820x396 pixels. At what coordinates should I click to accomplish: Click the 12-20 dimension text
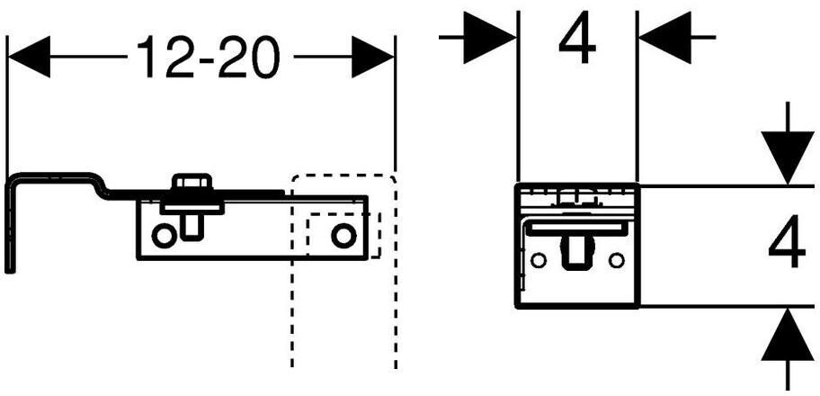(208, 59)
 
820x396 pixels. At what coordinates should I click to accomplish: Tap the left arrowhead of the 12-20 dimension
(28, 59)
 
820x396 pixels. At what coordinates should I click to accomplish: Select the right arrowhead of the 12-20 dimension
(372, 59)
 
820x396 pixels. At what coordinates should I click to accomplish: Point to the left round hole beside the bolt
(163, 236)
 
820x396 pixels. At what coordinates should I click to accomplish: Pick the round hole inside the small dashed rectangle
(343, 236)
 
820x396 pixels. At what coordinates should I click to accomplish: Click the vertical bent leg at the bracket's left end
(11, 225)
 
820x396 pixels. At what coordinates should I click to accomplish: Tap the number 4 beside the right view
(787, 245)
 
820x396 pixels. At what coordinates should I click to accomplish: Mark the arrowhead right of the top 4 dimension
(664, 37)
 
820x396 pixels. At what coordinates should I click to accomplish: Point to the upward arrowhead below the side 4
(787, 335)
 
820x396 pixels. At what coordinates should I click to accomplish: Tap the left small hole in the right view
(539, 260)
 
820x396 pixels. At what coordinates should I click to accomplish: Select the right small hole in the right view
(616, 260)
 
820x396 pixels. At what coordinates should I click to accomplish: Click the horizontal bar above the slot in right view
(576, 229)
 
